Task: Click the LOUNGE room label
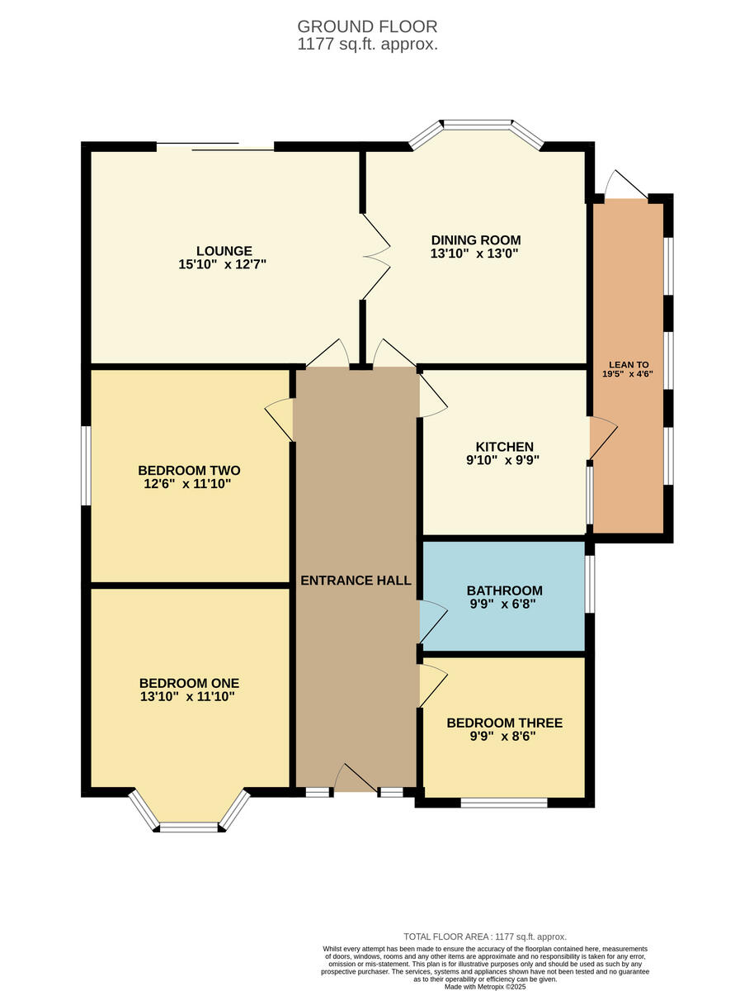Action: [224, 251]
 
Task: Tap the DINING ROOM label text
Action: [476, 240]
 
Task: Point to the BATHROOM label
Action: [504, 590]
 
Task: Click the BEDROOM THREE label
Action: [504, 723]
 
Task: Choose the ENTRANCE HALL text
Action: [356, 581]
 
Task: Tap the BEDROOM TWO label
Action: [189, 471]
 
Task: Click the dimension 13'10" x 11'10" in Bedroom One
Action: [189, 697]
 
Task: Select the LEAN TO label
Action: [629, 364]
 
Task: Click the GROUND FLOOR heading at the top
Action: [367, 26]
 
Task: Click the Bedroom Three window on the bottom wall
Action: [504, 802]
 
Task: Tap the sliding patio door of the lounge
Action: [215, 147]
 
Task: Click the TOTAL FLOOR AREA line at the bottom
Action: [484, 936]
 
